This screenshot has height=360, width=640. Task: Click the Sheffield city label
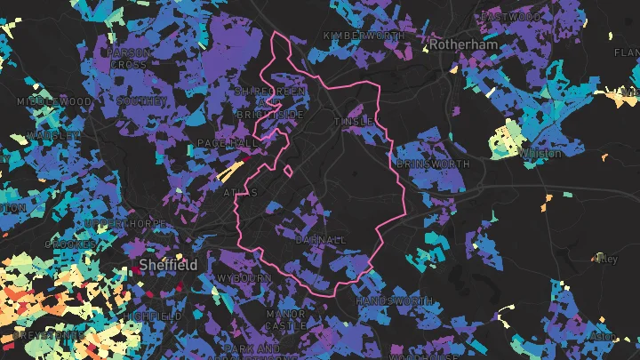168,265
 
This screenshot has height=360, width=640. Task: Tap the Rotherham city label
460,43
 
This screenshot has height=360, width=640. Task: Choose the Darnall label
320,240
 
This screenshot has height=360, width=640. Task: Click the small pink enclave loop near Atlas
287,170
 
